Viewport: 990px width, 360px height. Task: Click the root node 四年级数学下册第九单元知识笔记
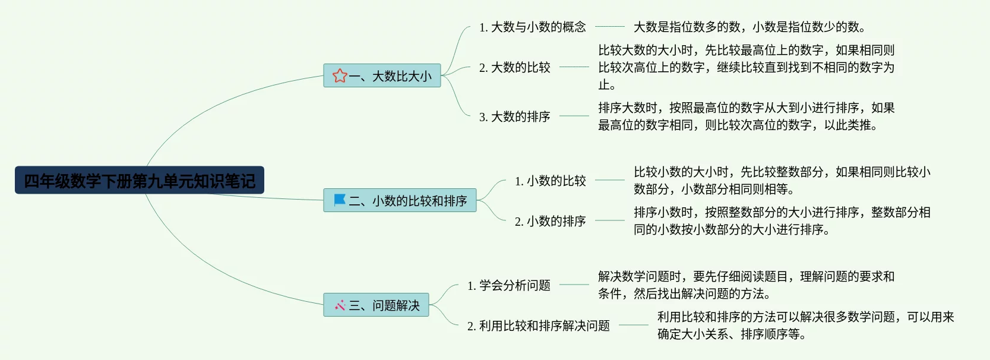click(140, 180)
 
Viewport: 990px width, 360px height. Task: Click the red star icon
click(340, 76)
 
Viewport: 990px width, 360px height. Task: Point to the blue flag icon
click(340, 200)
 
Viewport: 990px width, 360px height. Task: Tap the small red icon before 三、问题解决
click(340, 305)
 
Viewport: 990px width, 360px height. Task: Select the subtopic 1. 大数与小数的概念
click(533, 27)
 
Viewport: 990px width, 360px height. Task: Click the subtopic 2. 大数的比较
click(515, 67)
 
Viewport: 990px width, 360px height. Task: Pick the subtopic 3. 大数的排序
click(515, 116)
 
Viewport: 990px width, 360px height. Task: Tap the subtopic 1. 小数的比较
click(551, 181)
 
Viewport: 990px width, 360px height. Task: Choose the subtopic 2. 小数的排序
click(551, 221)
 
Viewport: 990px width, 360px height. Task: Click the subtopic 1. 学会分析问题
click(509, 285)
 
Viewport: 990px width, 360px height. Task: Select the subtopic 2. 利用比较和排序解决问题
click(539, 326)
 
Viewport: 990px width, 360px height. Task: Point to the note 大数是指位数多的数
click(749, 27)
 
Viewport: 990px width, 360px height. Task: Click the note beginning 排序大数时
click(746, 116)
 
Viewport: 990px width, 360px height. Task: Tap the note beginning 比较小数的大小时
click(782, 181)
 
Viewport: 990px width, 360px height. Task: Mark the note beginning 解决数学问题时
click(746, 285)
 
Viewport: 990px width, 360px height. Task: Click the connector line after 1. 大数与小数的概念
click(609, 27)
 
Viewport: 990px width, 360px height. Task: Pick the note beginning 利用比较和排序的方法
click(805, 326)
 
